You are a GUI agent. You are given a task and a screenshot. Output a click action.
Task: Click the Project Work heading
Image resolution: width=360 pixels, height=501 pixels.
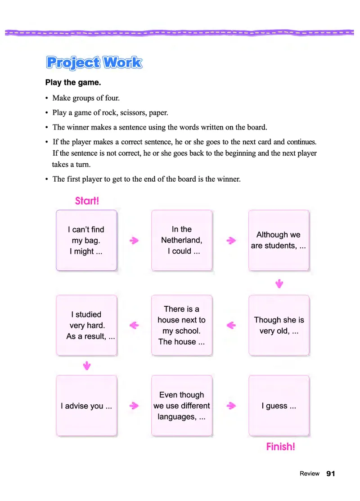94,63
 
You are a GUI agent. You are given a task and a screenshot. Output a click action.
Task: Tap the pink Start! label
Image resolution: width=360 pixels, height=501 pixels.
87,201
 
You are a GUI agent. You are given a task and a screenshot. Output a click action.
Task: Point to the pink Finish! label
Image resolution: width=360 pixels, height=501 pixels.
280,447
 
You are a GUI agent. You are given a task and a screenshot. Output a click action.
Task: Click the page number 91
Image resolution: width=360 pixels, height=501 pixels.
331,474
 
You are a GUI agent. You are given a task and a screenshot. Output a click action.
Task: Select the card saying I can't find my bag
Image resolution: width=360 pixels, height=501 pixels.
86,240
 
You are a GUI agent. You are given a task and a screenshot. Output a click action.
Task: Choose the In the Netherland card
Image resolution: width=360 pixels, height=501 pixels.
182,240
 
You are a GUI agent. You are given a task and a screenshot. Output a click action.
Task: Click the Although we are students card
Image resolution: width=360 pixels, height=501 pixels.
279,240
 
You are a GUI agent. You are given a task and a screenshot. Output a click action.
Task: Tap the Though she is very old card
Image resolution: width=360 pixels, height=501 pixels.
279,325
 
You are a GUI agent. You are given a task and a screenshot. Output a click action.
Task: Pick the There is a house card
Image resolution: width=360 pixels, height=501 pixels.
182,325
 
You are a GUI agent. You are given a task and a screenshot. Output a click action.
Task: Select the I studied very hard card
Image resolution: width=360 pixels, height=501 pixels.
86,325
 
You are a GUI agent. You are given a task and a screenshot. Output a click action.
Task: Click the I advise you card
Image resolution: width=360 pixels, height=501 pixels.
86,406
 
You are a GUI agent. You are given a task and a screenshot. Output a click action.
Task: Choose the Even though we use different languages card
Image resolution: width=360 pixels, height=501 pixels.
182,406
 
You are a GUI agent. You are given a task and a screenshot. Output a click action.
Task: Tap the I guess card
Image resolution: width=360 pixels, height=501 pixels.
279,406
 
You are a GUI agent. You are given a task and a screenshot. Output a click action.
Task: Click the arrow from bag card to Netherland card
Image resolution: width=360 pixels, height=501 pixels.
134,241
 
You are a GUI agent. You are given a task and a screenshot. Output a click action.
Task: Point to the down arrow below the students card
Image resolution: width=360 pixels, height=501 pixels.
279,283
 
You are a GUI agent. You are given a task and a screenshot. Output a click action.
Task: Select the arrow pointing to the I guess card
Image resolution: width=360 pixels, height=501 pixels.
231,406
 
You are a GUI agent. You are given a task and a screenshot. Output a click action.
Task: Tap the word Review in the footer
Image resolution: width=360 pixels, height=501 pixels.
310,474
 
